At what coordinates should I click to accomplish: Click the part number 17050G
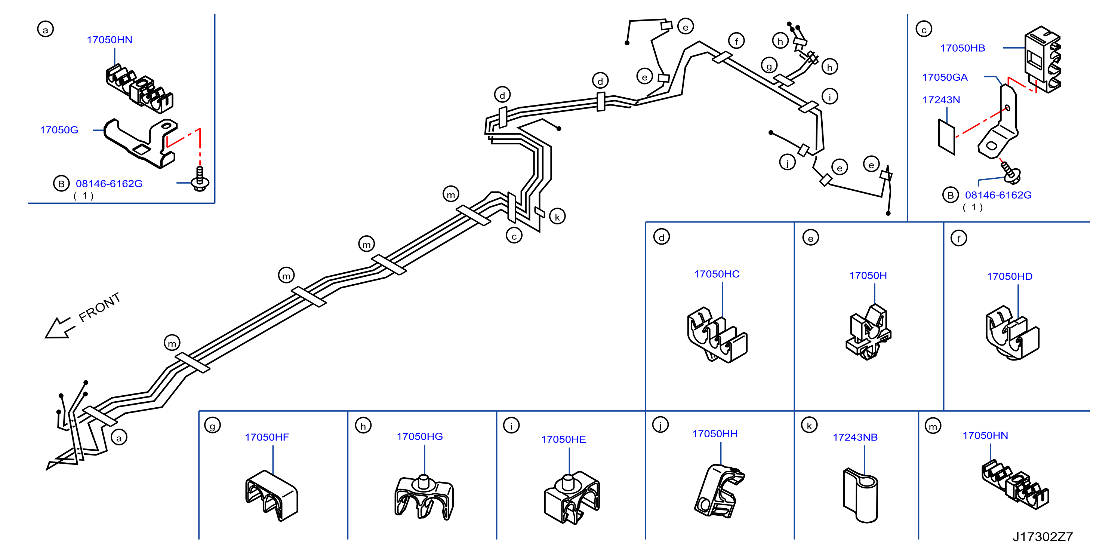(x=59, y=130)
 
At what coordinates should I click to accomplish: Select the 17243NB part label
(x=855, y=437)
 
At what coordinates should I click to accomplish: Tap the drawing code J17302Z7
(x=1042, y=537)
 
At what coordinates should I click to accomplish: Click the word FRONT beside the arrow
(x=99, y=307)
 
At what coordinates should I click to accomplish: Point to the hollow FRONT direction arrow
(x=60, y=328)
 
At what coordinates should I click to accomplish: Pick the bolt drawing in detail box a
(x=200, y=178)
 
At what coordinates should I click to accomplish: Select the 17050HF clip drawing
(x=272, y=496)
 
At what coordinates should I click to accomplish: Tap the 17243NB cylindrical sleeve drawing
(x=860, y=495)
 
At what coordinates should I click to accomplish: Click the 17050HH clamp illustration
(x=719, y=491)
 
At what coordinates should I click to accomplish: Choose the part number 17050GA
(x=945, y=77)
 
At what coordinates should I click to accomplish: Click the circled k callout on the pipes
(x=557, y=216)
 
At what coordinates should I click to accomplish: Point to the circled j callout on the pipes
(x=787, y=162)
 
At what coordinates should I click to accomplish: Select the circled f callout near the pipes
(x=736, y=41)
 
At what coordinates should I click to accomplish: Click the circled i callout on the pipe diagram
(x=830, y=96)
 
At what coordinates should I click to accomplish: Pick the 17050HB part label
(x=963, y=48)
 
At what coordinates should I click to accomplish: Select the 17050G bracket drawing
(x=141, y=143)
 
